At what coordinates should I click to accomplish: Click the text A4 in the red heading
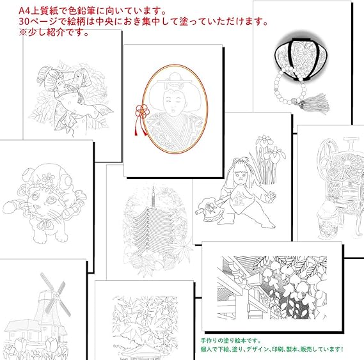coord(24,11)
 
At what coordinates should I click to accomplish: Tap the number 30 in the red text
coord(24,22)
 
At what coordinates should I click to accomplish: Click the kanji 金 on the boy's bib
coord(238,198)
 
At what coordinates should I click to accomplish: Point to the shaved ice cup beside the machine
coord(328,219)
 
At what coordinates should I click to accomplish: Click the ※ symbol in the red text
coord(23,33)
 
